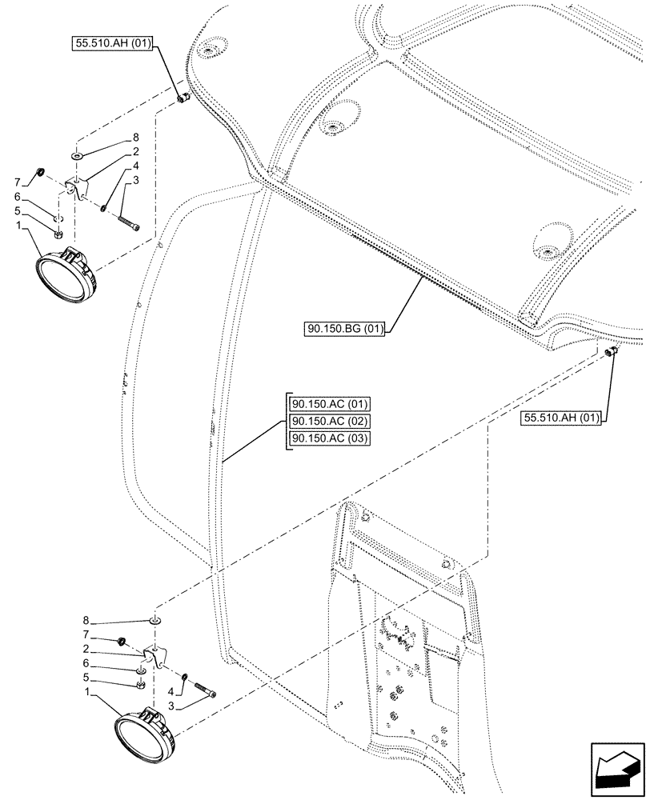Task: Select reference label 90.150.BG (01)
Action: point(344,328)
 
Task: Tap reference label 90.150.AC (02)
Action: point(327,421)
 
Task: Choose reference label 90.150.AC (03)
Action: point(327,438)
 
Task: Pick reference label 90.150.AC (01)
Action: point(327,404)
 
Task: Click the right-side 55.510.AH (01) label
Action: point(563,417)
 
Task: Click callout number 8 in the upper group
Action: point(137,137)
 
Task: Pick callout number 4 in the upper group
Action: point(137,166)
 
